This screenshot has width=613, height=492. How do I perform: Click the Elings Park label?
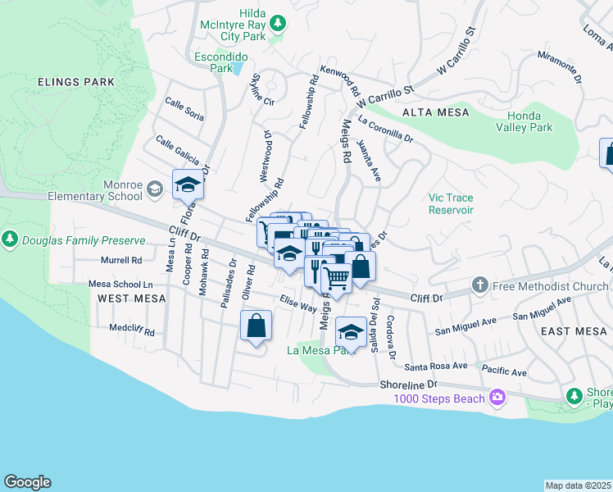68,82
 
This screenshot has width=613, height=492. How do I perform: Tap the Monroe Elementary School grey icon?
153,190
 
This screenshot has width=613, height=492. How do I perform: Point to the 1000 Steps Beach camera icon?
497,398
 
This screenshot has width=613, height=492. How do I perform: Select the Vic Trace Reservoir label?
451,203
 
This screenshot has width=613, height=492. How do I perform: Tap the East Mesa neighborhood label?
574,330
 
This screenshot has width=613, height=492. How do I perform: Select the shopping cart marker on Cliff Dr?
336,278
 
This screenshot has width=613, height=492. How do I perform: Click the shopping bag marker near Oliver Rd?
257,326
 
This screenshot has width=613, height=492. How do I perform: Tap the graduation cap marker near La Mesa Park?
351,332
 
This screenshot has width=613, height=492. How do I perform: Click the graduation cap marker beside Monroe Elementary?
188,184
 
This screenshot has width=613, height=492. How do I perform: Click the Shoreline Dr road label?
411,385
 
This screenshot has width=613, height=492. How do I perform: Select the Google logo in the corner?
27,482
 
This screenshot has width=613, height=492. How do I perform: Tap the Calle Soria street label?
184,109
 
